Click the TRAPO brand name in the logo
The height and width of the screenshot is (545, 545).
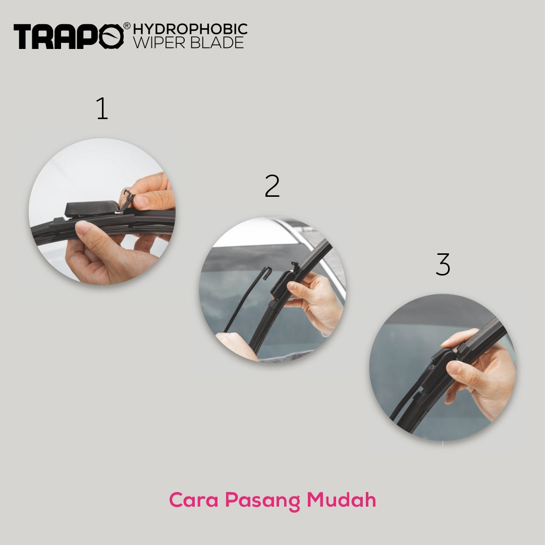click(x=69, y=36)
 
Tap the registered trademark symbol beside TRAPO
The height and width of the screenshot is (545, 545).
click(x=127, y=26)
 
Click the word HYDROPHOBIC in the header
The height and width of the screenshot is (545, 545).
click(x=190, y=29)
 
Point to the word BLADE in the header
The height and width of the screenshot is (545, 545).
click(x=217, y=42)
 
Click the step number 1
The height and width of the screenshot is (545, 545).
click(x=102, y=108)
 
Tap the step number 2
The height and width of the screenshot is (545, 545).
click(x=272, y=186)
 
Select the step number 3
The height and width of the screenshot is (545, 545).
click(x=443, y=264)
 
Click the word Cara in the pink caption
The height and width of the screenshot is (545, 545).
click(x=194, y=500)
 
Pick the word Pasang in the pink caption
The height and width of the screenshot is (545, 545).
click(x=262, y=501)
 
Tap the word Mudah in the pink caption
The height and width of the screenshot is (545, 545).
click(x=341, y=500)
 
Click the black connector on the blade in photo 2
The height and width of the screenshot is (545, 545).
click(x=283, y=282)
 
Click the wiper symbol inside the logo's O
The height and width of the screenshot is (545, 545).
click(x=111, y=36)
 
